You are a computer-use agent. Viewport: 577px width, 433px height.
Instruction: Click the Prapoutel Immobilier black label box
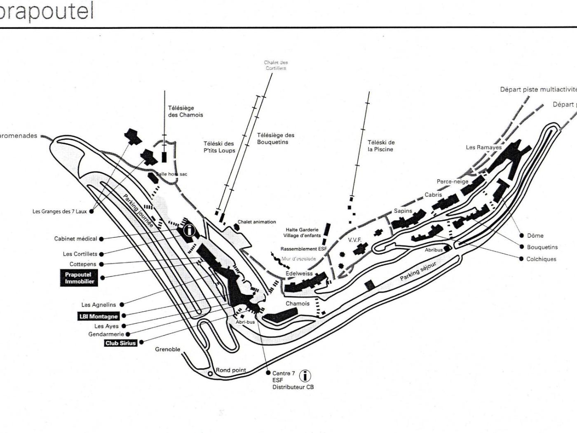coord(80,278)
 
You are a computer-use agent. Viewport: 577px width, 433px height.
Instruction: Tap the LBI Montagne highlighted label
coord(98,316)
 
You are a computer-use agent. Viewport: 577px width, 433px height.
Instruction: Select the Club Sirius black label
coord(120,343)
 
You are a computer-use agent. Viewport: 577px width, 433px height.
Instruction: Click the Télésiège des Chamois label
coord(185,111)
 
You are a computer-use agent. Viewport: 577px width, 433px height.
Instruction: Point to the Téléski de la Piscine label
coord(381,146)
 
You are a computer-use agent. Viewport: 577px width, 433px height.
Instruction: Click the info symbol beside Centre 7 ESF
coord(305,376)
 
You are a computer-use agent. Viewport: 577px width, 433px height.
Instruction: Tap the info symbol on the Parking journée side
coord(189,230)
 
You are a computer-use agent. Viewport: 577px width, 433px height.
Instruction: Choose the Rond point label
coord(231,370)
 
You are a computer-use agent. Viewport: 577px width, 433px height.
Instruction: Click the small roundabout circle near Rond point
coord(210,374)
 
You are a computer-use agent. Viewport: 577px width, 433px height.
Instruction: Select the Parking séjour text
coord(418,271)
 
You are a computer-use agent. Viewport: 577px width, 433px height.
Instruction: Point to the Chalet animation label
coord(257,222)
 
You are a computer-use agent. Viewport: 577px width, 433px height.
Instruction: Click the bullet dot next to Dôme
coord(522,235)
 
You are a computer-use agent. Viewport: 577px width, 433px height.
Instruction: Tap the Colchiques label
coord(541,259)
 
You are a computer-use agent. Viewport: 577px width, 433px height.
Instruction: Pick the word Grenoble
coord(168,349)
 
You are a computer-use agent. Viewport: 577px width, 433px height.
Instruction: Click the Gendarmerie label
coord(106,334)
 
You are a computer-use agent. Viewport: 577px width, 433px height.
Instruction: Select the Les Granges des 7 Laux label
coord(60,212)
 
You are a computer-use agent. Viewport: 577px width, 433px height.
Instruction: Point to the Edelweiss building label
coord(299,273)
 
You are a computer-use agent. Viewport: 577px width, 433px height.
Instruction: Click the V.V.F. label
coord(354,240)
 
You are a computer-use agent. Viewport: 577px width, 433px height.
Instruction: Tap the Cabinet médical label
coord(76,238)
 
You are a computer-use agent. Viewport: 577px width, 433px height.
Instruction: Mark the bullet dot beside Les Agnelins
coord(122,304)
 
